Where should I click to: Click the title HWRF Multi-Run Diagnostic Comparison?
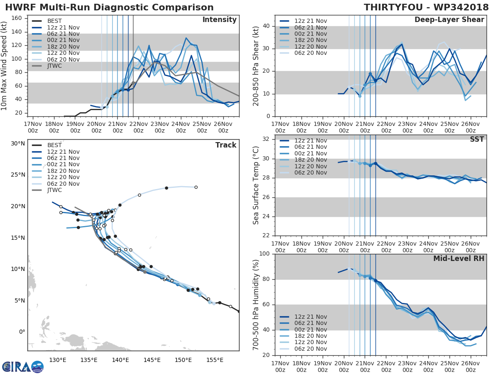pyautogui.click(x=109, y=7)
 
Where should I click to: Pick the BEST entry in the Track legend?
pyautogui.click(x=54, y=145)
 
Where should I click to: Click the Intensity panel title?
pyautogui.click(x=219, y=20)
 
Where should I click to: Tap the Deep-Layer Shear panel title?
pyautogui.click(x=449, y=20)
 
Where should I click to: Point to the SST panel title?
pyautogui.click(x=477, y=139)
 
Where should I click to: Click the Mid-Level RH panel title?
pyautogui.click(x=459, y=259)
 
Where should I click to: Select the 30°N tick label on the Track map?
pyautogui.click(x=18, y=143)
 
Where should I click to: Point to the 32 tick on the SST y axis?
pyautogui.click(x=265, y=139)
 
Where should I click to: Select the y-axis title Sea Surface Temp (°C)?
pyautogui.click(x=256, y=185)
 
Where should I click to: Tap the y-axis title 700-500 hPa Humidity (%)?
pyautogui.click(x=256, y=305)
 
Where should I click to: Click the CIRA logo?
pyautogui.click(x=22, y=367)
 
